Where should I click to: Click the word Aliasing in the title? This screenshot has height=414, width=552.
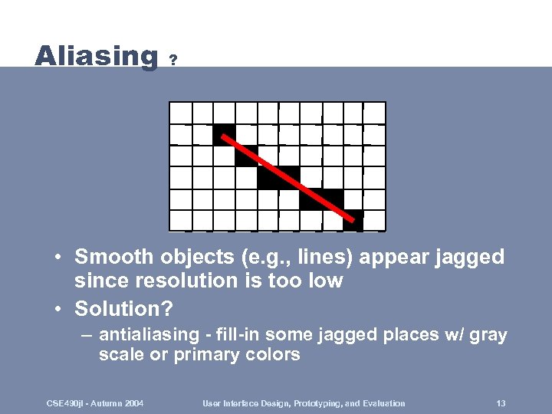click(96, 56)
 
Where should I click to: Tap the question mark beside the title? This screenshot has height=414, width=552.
click(174, 59)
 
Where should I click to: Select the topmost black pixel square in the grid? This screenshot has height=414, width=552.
click(224, 134)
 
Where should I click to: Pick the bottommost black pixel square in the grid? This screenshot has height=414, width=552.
click(353, 221)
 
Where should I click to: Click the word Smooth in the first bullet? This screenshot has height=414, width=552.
click(110, 256)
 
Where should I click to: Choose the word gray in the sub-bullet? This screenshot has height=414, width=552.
click(489, 335)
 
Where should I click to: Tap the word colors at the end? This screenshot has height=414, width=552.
click(272, 355)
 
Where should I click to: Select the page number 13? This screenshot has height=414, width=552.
click(501, 403)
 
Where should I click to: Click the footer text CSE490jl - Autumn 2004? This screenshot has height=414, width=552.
click(94, 403)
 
